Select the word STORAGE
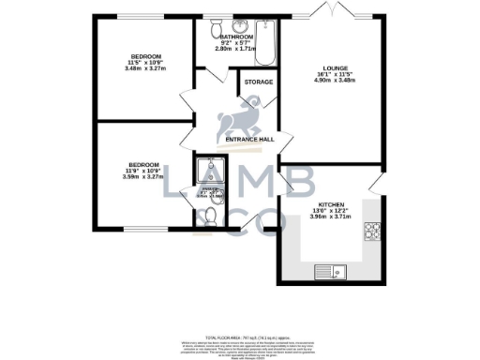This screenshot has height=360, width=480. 259,82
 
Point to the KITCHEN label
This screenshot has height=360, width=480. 332,203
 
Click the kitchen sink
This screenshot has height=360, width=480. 327,273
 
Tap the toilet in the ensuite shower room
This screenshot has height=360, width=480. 211,215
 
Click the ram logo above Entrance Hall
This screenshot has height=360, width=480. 233,121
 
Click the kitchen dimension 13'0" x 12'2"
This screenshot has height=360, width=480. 332,210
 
